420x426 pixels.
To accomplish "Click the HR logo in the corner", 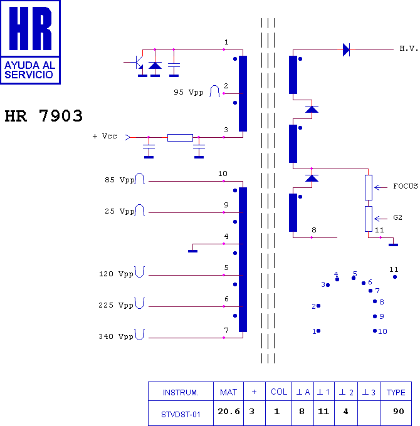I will [30, 41].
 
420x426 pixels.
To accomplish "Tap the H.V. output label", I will [409, 49].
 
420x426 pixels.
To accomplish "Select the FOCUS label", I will [405, 186].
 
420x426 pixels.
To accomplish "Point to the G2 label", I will [397, 217].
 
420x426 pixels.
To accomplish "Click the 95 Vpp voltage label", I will [189, 92].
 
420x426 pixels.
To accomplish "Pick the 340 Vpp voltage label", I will [116, 336].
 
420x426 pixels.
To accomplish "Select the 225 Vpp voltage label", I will [116, 305].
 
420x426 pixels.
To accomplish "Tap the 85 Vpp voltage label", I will [119, 180].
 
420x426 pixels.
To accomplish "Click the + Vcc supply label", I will [104, 136].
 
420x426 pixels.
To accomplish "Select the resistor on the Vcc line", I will [180, 137].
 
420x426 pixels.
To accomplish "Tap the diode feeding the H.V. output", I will [346, 49].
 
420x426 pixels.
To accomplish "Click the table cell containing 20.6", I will [228, 412].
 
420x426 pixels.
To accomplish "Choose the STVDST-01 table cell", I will [181, 413].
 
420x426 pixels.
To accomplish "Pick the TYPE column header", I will [396, 392].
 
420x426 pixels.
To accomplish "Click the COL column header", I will [279, 392].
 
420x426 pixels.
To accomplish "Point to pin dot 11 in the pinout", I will [395, 277].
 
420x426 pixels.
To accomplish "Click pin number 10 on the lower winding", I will [223, 174].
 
